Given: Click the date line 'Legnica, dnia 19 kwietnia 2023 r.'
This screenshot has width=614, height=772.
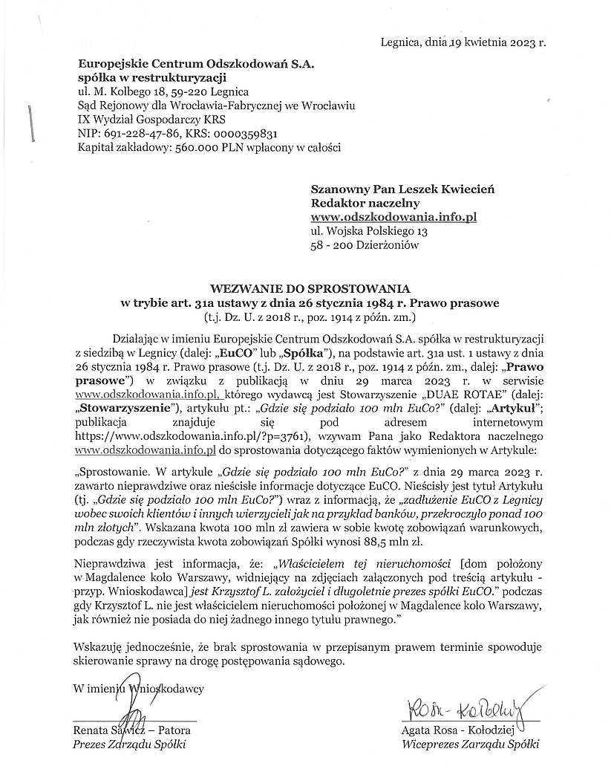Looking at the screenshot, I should point(462,42).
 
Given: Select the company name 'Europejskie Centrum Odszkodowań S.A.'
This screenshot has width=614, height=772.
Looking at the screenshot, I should point(196,65).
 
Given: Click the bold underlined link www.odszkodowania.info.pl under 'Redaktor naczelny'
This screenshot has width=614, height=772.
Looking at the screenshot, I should point(393,217).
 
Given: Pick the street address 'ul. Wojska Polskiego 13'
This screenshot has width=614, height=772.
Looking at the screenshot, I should point(369,231).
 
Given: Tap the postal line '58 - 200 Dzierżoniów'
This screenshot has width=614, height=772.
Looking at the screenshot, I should point(365,245).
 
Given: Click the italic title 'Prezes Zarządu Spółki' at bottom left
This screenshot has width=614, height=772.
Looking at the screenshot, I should point(129,745).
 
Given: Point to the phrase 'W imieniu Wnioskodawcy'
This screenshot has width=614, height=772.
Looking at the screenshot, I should point(139,688).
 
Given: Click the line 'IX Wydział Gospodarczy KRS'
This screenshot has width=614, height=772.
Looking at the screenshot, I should point(152,120).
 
